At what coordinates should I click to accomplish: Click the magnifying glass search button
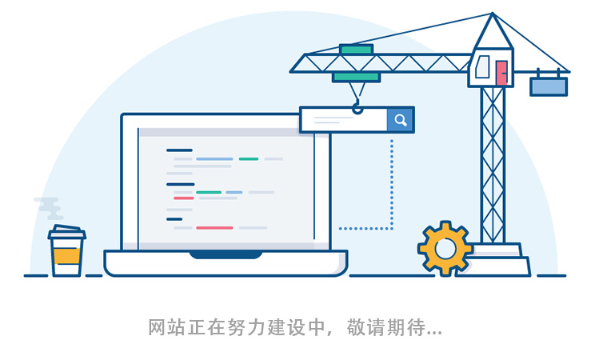401,120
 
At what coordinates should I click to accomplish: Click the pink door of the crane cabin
501,73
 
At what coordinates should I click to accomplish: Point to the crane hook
357,106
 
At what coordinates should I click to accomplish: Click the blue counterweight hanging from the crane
549,86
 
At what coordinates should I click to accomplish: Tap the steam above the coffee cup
50,209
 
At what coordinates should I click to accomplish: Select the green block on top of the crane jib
356,50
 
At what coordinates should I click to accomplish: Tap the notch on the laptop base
226,254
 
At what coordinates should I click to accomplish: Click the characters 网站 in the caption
166,327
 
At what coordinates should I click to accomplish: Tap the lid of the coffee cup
67,234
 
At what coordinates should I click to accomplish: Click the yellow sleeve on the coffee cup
66,256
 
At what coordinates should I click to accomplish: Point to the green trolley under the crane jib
357,77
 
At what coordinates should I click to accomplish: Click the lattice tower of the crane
493,160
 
